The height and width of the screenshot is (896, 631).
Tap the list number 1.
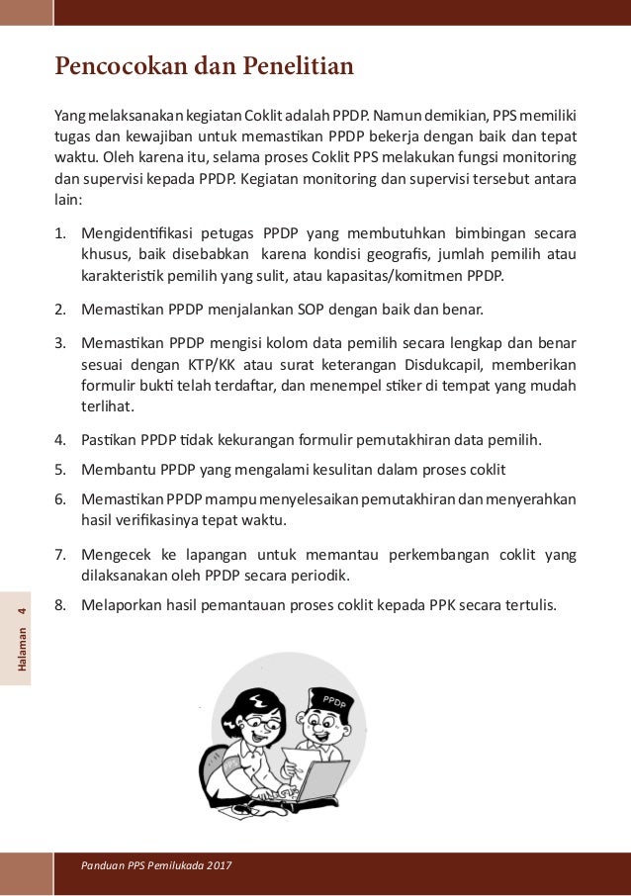pos(59,234)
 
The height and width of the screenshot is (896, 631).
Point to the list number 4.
pos(59,440)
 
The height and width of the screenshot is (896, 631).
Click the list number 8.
pos(59,603)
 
